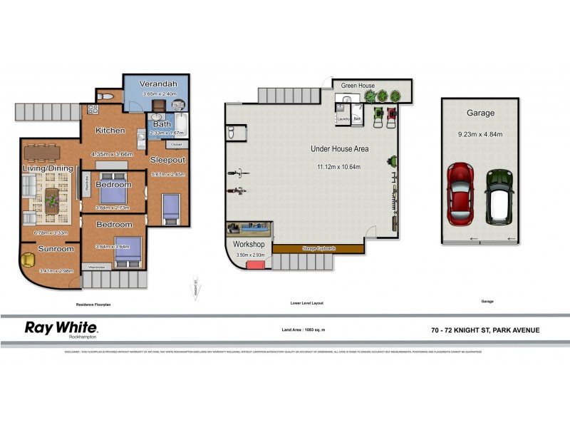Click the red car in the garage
(460, 194)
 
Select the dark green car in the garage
(499, 195)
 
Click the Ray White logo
(61, 328)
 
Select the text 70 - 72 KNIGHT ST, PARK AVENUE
(485, 330)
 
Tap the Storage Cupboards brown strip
(318, 248)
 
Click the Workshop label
(249, 244)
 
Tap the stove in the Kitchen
(93, 111)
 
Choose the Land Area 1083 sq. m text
(309, 330)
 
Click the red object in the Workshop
(254, 265)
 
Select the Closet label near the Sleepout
(177, 145)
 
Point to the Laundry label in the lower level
(343, 119)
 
